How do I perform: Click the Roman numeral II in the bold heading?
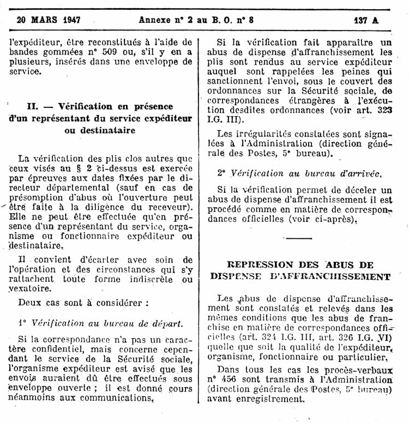click(x=33, y=106)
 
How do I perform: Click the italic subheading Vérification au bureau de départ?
click(x=107, y=323)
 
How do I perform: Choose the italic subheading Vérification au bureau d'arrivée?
click(x=305, y=173)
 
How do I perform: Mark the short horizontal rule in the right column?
click(x=299, y=239)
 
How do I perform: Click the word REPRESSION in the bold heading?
click(x=259, y=265)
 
